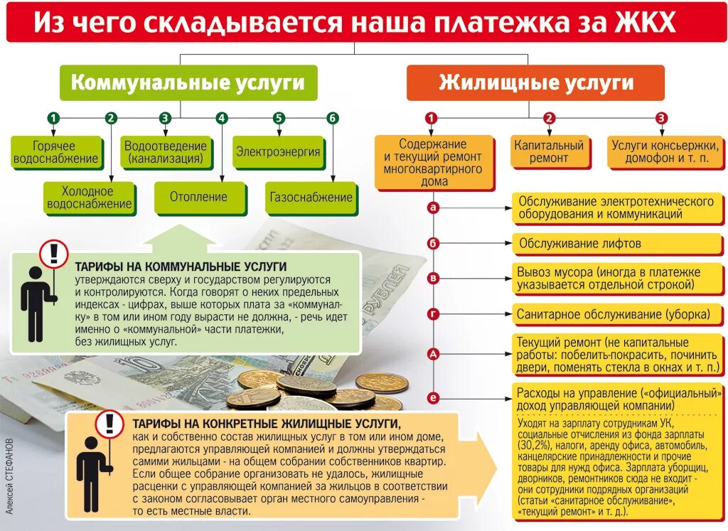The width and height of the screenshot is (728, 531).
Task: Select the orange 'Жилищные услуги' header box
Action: click(x=535, y=82)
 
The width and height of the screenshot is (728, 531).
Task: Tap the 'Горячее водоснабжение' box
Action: click(x=55, y=152)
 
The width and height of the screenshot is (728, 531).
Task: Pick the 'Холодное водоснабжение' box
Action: click(x=89, y=198)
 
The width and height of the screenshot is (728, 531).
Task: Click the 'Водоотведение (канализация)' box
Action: click(x=166, y=152)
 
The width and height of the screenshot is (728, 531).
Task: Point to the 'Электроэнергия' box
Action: click(x=278, y=152)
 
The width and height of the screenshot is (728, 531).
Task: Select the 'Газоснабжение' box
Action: click(x=311, y=197)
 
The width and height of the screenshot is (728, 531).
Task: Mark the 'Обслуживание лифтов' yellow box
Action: click(x=616, y=244)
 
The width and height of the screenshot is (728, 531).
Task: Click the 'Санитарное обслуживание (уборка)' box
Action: click(x=616, y=313)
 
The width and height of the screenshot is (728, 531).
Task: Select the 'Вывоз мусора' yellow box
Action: click(x=616, y=279)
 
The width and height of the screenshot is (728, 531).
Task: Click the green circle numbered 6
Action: click(x=333, y=118)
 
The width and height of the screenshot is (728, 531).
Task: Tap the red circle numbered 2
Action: click(x=549, y=118)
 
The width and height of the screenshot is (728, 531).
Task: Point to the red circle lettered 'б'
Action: click(x=433, y=244)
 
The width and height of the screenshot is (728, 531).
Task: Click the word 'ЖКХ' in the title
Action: click(x=642, y=23)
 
